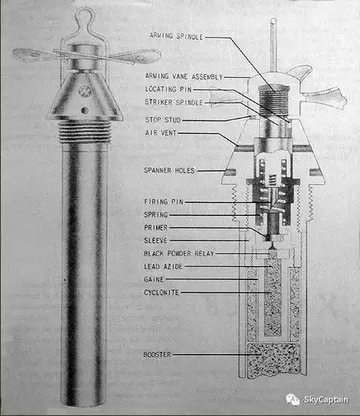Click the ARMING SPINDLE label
tap(176, 36)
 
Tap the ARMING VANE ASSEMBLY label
tap(184, 76)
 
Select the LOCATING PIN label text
tap(168, 89)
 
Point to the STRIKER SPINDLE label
tap(174, 102)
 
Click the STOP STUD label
tap(163, 120)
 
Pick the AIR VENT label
tap(161, 133)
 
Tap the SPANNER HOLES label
tap(169, 171)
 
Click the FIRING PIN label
tap(164, 202)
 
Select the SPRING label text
tap(156, 214)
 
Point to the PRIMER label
tap(156, 227)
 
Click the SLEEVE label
tap(155, 240)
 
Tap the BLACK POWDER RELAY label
tap(179, 254)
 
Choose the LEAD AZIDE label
tap(164, 267)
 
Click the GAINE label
tap(154, 279)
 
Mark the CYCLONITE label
tap(162, 292)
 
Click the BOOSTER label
tap(157, 354)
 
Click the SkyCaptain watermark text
tap(326, 399)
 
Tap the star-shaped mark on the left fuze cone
tap(85, 90)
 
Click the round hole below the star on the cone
tap(85, 109)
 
